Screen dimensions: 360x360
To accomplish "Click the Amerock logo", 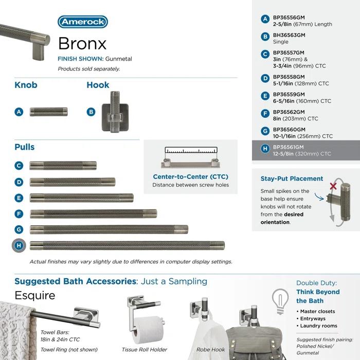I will click(x=82, y=22).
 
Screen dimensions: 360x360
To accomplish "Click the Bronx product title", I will click(x=82, y=43).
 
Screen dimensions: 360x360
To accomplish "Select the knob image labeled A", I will click(x=48, y=112).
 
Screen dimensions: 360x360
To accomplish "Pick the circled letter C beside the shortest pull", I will click(x=19, y=166).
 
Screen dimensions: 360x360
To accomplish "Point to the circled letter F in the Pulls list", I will click(x=19, y=213).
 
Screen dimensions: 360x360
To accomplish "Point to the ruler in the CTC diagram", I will click(x=190, y=152).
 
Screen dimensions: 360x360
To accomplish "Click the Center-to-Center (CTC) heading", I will click(x=190, y=176).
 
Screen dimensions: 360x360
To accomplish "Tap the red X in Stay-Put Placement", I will click(x=333, y=186).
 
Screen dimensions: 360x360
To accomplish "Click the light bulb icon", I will click(x=280, y=300).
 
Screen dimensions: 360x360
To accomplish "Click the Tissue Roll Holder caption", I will click(x=145, y=349).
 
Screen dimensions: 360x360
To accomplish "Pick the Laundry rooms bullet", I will click(x=319, y=326).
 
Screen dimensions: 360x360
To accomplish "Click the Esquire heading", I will click(x=35, y=296).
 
